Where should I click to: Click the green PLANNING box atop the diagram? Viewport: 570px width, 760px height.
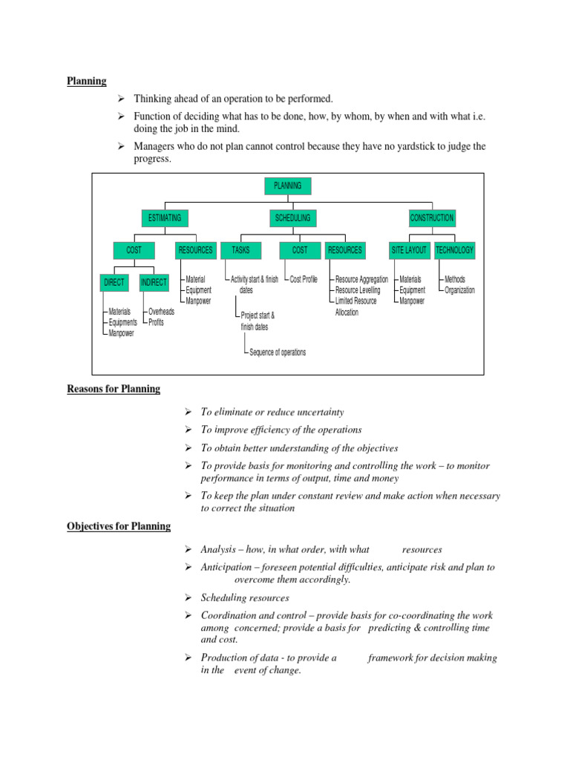click(287, 186)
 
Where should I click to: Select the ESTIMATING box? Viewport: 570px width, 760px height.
click(165, 218)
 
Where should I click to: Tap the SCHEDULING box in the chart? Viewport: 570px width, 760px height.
click(292, 218)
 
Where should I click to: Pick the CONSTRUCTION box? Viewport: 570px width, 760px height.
click(432, 218)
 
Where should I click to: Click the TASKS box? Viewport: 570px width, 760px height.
click(240, 250)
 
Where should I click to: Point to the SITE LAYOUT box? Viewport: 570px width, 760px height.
click(410, 250)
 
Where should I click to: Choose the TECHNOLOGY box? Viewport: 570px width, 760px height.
click(454, 250)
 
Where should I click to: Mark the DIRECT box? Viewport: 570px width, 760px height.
click(115, 283)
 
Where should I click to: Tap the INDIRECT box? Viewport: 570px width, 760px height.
click(154, 283)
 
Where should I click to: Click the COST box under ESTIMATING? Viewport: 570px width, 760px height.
click(134, 250)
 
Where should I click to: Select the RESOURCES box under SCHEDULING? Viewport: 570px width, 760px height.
click(345, 250)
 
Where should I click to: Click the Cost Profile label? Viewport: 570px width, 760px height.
click(304, 280)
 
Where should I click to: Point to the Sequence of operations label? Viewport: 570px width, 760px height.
click(278, 353)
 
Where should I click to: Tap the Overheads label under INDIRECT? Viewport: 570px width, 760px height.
click(161, 312)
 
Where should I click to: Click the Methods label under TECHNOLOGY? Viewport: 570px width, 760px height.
click(455, 280)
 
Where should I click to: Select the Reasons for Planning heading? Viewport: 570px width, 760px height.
click(114, 389)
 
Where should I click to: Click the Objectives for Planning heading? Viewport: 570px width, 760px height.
click(119, 526)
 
